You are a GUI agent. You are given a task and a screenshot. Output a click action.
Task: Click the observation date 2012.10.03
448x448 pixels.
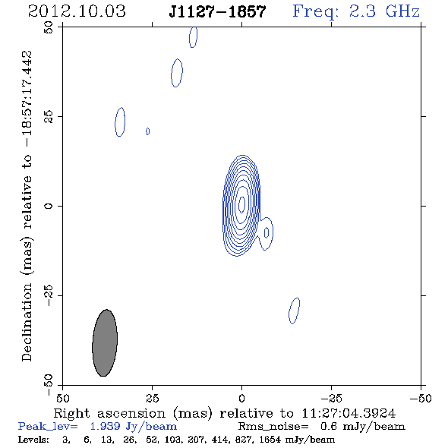pyautogui.click(x=77, y=11)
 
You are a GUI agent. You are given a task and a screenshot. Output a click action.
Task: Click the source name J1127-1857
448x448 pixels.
pyautogui.click(x=217, y=11)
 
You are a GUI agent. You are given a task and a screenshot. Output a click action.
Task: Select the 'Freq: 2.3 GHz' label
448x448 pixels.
pyautogui.click(x=356, y=11)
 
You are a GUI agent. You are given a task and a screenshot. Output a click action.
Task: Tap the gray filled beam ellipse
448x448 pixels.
pyautogui.click(x=105, y=343)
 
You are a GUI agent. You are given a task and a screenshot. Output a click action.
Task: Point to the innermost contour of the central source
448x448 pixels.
pyautogui.click(x=241, y=204)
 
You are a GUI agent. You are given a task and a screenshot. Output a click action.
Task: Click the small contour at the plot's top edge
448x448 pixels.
pyautogui.click(x=193, y=37)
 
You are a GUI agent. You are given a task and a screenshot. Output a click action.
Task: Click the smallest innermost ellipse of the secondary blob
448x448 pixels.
pyautogui.click(x=267, y=232)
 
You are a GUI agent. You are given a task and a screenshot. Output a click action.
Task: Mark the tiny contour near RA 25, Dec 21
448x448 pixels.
pyautogui.click(x=148, y=131)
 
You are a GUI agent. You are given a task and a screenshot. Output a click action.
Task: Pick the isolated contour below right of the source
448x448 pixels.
pyautogui.click(x=295, y=311)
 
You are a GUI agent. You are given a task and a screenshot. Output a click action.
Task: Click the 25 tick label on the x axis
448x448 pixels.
pyautogui.click(x=152, y=398)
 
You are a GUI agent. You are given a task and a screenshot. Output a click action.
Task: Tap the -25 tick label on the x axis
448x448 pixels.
pyautogui.click(x=331, y=398)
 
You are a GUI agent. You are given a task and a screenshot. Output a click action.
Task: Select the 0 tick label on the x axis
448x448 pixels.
pyautogui.click(x=241, y=398)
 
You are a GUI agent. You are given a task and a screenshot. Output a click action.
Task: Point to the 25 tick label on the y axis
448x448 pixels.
pyautogui.click(x=49, y=117)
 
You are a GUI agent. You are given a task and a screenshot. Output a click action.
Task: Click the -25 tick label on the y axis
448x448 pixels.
pyautogui.click(x=49, y=295)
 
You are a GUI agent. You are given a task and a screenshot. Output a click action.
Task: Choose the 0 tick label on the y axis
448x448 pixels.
pyautogui.click(x=49, y=206)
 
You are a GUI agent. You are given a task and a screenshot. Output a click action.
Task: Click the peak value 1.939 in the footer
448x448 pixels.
pyautogui.click(x=105, y=426)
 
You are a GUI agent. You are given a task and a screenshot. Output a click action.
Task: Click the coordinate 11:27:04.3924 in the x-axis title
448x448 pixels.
pyautogui.click(x=349, y=413)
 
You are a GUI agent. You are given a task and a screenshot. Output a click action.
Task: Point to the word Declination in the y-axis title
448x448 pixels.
pyautogui.click(x=27, y=322)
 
